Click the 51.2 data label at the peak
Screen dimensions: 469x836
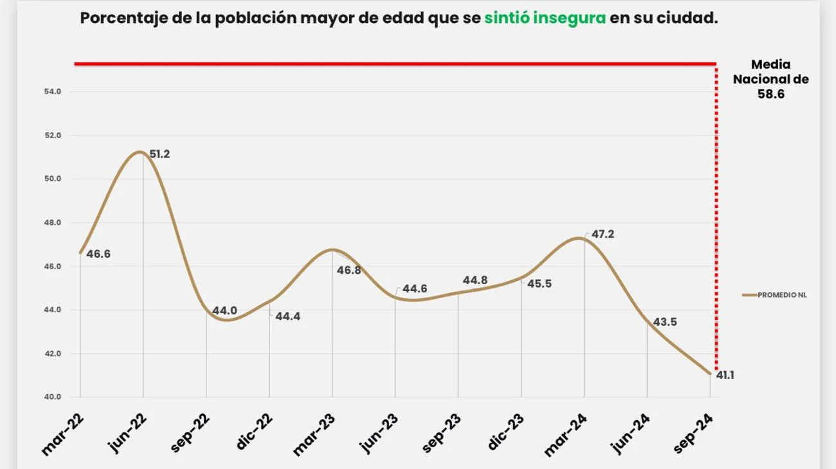[159, 154]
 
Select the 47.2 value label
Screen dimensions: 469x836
[603, 234]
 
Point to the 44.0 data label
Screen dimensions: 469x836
[224, 311]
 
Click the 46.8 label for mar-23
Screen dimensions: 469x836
[349, 270]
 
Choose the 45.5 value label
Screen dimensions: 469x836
[539, 283]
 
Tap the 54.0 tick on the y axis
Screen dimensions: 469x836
[53, 92]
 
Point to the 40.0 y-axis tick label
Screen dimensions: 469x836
[53, 397]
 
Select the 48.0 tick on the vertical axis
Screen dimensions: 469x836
[53, 223]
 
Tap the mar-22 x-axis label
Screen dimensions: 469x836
[64, 435]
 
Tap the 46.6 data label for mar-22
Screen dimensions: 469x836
[98, 254]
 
